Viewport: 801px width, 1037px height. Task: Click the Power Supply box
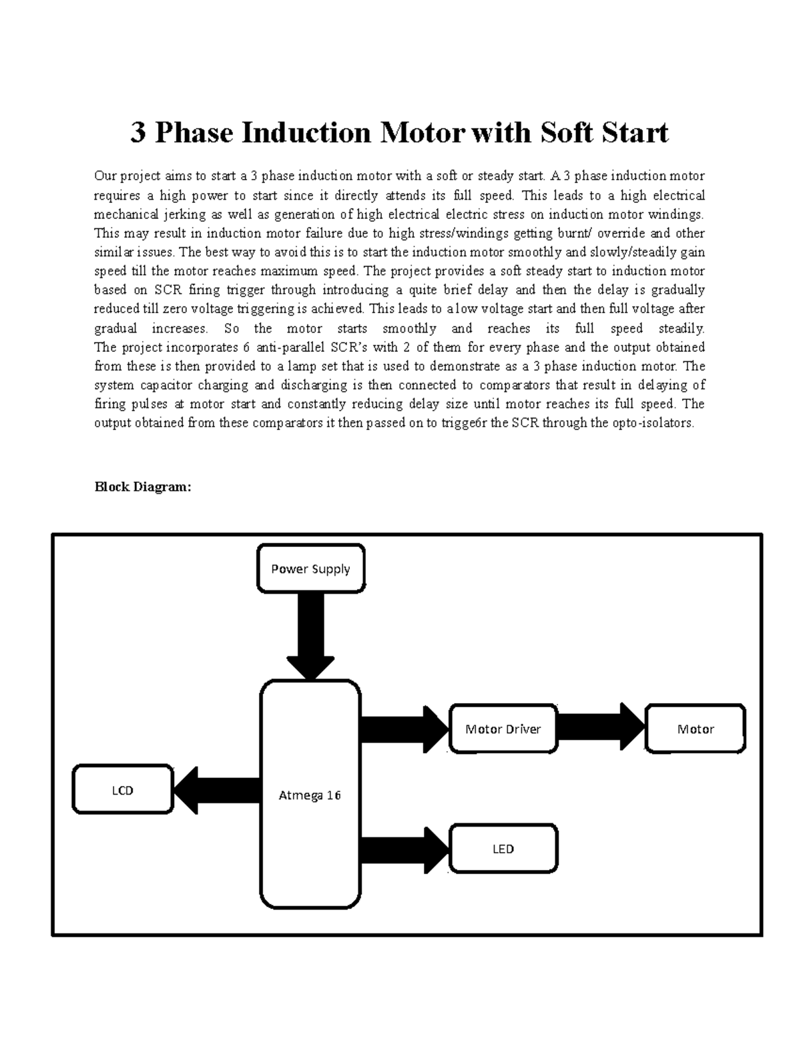click(310, 569)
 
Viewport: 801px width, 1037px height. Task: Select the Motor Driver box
click(503, 729)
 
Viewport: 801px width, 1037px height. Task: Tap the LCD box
click(123, 791)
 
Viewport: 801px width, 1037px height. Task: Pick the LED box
click(503, 849)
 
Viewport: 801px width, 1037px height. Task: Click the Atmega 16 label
click(310, 795)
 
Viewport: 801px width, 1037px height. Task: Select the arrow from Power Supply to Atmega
click(310, 634)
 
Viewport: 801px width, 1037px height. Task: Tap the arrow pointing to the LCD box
click(218, 791)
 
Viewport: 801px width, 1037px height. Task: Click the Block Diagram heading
click(143, 487)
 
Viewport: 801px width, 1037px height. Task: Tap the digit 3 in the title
click(138, 133)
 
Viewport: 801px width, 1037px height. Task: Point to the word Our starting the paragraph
click(105, 176)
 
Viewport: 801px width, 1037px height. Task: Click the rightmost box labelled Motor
click(696, 729)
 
